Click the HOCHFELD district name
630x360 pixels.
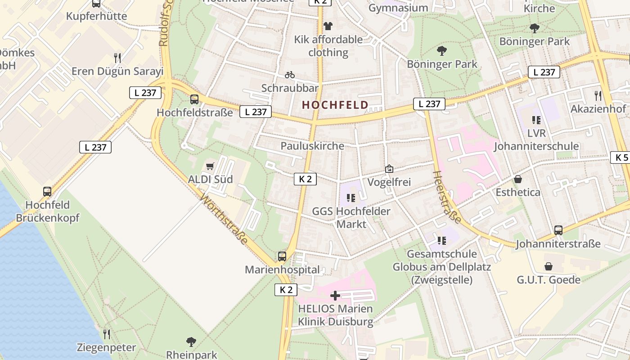click(x=335, y=105)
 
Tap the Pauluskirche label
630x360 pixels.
click(x=312, y=146)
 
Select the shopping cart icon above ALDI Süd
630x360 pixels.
click(x=210, y=166)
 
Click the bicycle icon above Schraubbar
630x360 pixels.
click(x=290, y=75)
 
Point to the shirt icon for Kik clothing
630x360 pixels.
click(x=328, y=26)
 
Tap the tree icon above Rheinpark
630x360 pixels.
click(x=191, y=342)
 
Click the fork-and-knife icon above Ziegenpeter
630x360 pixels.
click(x=106, y=334)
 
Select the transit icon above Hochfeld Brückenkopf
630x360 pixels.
click(x=47, y=192)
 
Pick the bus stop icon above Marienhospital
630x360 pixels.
click(x=282, y=256)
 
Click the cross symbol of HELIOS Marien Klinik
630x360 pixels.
click(x=335, y=296)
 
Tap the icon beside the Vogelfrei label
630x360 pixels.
click(x=389, y=169)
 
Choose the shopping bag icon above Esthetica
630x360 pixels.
click(x=518, y=179)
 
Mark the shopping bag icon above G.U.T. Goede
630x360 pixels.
click(x=548, y=266)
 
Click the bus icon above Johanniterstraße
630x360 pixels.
click(x=558, y=230)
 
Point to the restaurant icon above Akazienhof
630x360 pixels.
click(x=598, y=95)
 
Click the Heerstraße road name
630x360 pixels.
click(x=447, y=197)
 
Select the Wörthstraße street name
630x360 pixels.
click(x=224, y=219)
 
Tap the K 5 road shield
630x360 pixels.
click(x=621, y=157)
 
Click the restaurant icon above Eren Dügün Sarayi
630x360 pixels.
click(x=117, y=58)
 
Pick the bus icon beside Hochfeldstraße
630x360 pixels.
click(x=194, y=99)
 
